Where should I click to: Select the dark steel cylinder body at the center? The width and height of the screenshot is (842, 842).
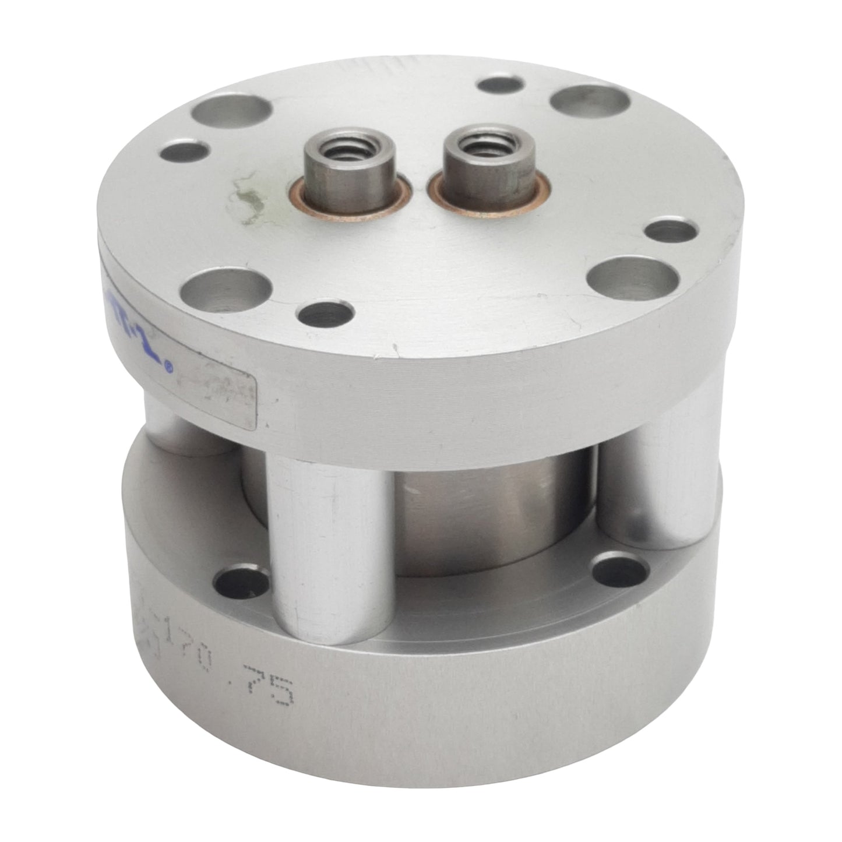pyautogui.click(x=484, y=513)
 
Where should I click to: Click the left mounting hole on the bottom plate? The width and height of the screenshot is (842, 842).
pyautogui.click(x=241, y=581)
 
